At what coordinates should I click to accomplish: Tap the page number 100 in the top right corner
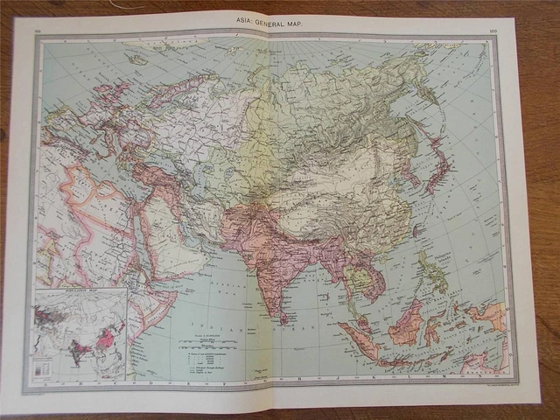click(493, 31)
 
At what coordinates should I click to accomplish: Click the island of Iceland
click(136, 59)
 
